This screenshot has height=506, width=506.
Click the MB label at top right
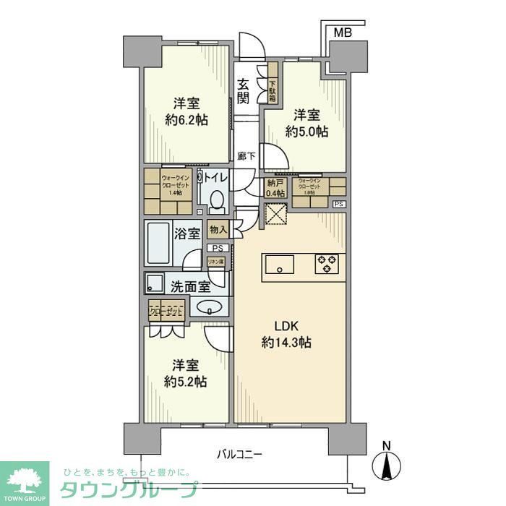(343, 32)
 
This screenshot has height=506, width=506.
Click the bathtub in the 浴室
(161, 245)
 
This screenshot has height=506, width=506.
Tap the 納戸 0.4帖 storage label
(275, 188)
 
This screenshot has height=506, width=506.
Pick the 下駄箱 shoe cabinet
(273, 84)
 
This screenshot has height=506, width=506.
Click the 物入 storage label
(218, 230)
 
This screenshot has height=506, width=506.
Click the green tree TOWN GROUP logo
(25, 480)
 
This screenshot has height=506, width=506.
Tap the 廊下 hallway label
(244, 155)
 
